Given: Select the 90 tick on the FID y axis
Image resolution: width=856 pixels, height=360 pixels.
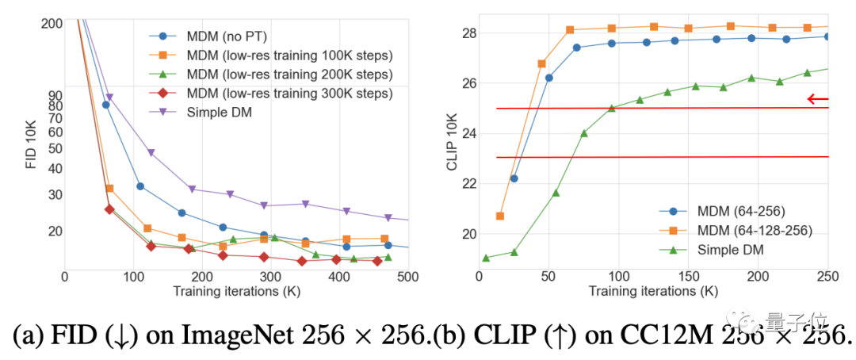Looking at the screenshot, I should click(55, 94).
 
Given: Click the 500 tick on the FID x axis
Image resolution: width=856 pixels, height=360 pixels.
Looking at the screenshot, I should click(407, 277).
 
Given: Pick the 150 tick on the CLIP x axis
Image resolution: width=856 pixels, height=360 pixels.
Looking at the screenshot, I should click(687, 277).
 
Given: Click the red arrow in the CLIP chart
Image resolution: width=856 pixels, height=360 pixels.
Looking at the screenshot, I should click(817, 99).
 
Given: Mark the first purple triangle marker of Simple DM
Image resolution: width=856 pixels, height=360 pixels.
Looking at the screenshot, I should click(109, 98).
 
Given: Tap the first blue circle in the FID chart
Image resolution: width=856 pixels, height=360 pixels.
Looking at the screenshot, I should click(105, 105).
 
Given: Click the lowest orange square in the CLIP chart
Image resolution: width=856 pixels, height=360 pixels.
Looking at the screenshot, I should click(500, 216).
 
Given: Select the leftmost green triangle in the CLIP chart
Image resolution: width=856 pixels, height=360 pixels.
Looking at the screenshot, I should click(486, 258).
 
